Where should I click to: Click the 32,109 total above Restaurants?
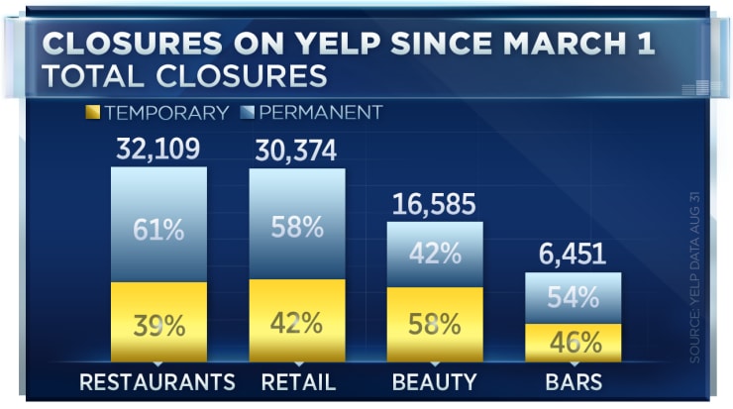coord(158,151)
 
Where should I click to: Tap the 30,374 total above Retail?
coord(296,151)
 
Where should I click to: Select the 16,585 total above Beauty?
coord(434,205)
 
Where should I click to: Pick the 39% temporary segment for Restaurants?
coord(158,323)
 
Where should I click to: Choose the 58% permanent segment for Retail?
coord(296,227)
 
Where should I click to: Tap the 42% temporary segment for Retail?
coord(296,322)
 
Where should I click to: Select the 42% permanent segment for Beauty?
coord(434,253)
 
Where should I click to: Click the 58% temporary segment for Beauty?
coord(434,324)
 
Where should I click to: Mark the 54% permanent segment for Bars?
coord(573,297)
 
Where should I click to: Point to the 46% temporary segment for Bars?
coord(573,343)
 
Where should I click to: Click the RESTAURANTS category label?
coord(157,382)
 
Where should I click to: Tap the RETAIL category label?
coord(297,382)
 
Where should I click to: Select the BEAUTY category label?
coord(434,382)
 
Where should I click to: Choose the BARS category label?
coord(573,382)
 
